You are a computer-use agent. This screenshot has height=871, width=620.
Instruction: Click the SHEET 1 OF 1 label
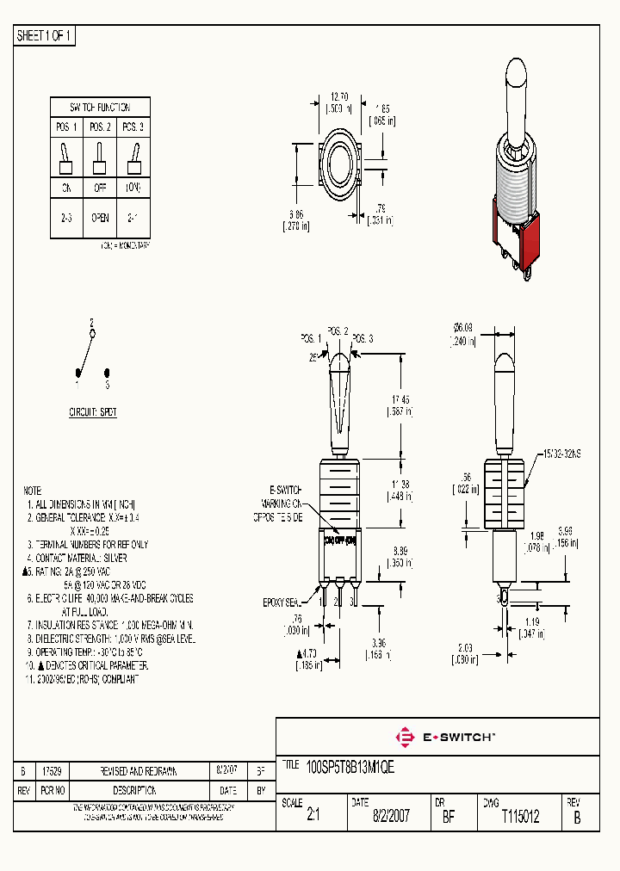tap(45, 35)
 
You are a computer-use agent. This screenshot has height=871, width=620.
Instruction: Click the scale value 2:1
tap(313, 817)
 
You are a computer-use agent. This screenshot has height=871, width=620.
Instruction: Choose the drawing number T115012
tap(520, 817)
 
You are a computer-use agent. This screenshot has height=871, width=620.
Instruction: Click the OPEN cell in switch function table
tap(100, 218)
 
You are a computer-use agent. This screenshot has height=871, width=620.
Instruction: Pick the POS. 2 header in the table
tap(100, 127)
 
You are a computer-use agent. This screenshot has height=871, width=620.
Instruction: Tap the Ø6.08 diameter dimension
tap(462, 327)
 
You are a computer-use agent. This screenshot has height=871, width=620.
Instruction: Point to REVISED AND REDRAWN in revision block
tap(139, 771)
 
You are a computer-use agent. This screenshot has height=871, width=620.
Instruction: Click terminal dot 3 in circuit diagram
tap(107, 373)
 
